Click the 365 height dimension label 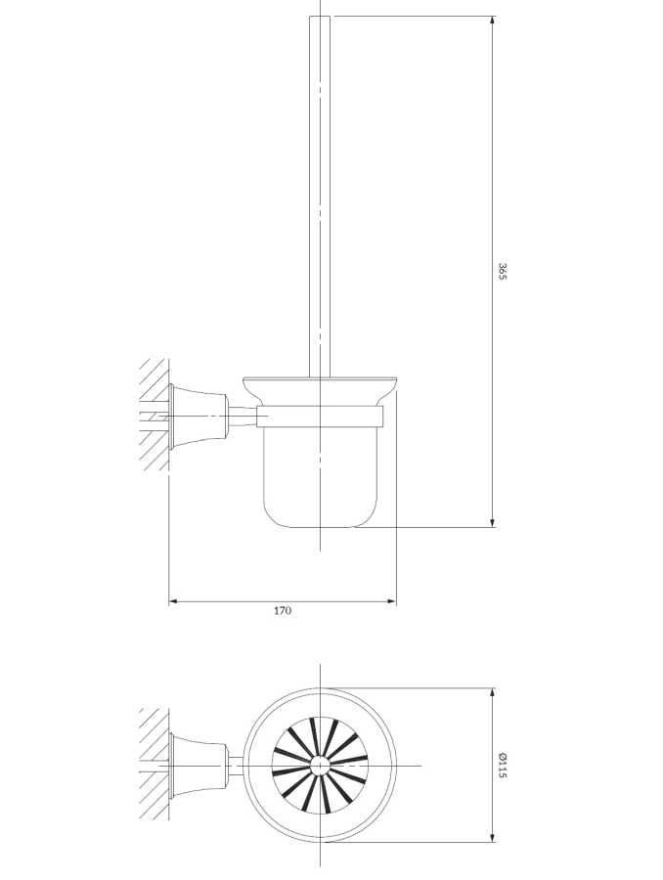(x=503, y=271)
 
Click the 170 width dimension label (x=283, y=610)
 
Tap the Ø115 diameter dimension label (x=503, y=766)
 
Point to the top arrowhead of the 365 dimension (x=492, y=22)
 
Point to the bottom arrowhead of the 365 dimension (x=492, y=522)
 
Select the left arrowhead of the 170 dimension (x=174, y=601)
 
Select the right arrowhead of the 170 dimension (x=391, y=601)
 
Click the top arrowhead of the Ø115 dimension (x=492, y=693)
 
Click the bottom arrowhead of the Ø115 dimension (x=492, y=853)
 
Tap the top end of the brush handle (x=320, y=17)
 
